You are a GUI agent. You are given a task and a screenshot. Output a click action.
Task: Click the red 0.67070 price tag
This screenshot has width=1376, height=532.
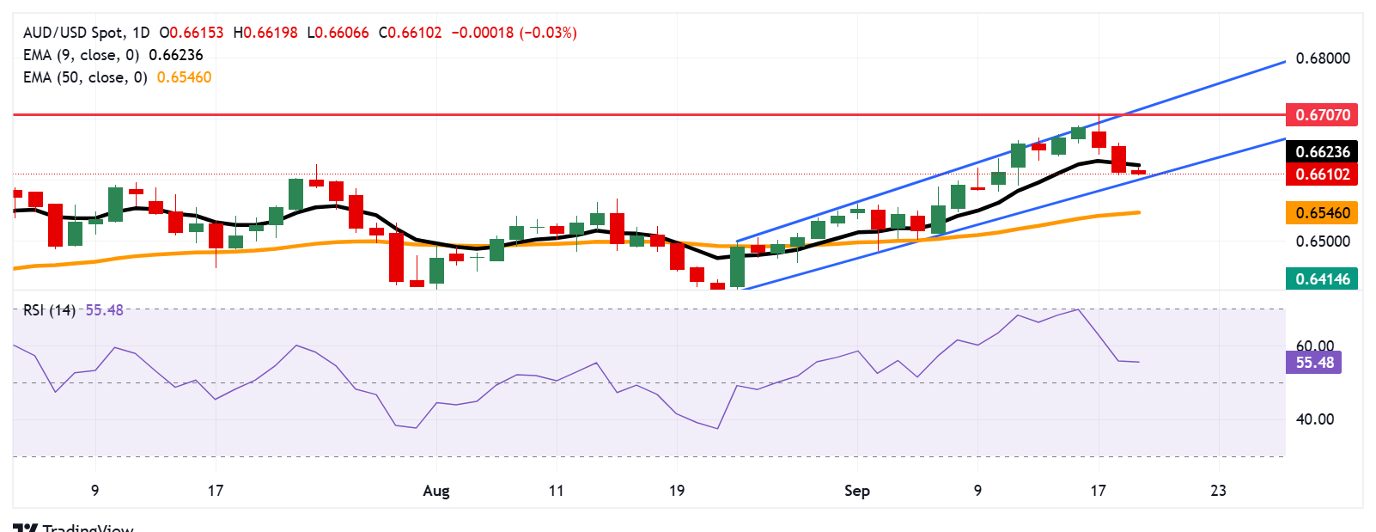coord(1322,114)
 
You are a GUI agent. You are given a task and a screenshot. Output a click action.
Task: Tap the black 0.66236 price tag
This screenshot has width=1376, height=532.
coord(1322,152)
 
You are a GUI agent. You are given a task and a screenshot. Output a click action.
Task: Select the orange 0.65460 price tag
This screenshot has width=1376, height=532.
coord(1322,212)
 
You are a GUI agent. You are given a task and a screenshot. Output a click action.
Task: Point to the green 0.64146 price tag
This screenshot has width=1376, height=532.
coord(1322,278)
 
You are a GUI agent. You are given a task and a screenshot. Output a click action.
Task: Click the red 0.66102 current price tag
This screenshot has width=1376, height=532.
coord(1322,174)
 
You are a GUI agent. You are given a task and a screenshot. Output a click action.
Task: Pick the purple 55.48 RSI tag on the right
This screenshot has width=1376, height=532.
coord(1314,363)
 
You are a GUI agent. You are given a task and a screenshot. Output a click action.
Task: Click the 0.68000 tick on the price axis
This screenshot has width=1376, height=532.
coord(1323,58)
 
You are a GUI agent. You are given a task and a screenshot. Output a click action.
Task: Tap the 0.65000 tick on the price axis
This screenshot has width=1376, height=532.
coord(1323,242)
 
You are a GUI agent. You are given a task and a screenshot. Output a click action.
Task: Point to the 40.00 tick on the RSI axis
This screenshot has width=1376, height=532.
coord(1314,419)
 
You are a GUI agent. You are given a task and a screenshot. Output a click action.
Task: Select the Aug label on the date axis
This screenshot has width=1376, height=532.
coord(436,491)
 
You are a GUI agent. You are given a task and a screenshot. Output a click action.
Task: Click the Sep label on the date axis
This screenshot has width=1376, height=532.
coord(856,491)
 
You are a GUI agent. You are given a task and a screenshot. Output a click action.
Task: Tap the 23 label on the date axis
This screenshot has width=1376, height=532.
coord(1218,491)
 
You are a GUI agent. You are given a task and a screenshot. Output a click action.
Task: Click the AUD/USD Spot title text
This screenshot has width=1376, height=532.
coord(73,33)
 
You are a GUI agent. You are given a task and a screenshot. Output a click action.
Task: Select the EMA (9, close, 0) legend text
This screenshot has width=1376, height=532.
coord(81,55)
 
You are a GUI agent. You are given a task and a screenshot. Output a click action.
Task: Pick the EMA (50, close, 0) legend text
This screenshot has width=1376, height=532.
coord(85,77)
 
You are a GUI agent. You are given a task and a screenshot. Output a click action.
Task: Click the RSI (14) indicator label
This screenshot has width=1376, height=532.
coord(49,310)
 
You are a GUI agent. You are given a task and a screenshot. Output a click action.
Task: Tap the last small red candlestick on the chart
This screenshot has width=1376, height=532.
coord(1138,172)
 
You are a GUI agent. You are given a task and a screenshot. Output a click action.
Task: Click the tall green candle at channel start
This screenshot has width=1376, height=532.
coord(737,266)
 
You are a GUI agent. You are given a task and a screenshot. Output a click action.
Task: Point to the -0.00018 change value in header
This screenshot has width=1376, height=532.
coord(482,33)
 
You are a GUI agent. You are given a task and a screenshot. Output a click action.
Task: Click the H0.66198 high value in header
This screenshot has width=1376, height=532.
coord(265,33)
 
